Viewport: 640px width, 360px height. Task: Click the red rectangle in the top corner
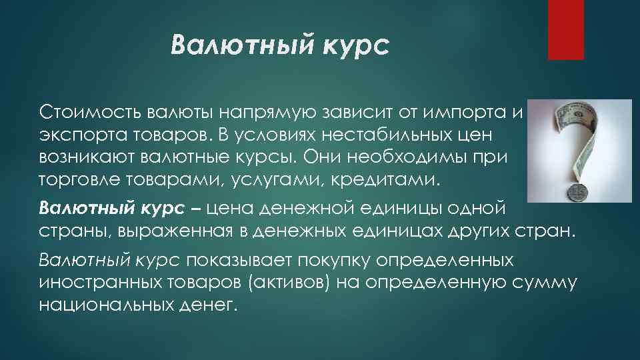coord(566,29)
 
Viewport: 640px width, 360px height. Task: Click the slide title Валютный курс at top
coord(278,49)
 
